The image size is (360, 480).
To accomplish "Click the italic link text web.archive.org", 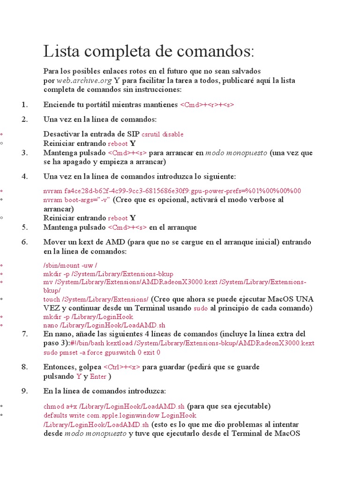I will pos(84,80).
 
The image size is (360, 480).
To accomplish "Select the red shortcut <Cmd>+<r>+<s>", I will pos(207,105).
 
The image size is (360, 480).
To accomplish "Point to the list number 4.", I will pos(25,176).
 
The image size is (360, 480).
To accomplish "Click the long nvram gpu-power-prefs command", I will pos(172,191).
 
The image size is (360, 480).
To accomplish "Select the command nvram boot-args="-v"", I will pos(77,200).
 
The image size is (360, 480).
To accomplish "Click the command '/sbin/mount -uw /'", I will pos(70,265).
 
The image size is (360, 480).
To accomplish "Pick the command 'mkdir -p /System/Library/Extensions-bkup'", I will pos(108,274).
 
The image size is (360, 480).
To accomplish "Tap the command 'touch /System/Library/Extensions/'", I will pos(96,299).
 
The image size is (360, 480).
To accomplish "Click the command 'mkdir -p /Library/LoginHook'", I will pos(88,317).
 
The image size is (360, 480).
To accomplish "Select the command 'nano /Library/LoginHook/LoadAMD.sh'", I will pos(104,325).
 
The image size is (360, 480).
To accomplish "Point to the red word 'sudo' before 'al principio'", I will pos(201,308).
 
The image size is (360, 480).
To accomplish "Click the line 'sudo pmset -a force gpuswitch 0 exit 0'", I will pos(102,352).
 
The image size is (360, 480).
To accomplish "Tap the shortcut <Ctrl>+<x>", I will pos(121,367).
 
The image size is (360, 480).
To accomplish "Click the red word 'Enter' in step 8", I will pos(98,376).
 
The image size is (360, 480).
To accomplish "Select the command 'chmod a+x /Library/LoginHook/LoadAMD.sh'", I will pos(114,406).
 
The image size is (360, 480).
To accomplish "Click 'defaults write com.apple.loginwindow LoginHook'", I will pos(120,416).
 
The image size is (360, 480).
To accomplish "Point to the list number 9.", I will pos(25,391).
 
